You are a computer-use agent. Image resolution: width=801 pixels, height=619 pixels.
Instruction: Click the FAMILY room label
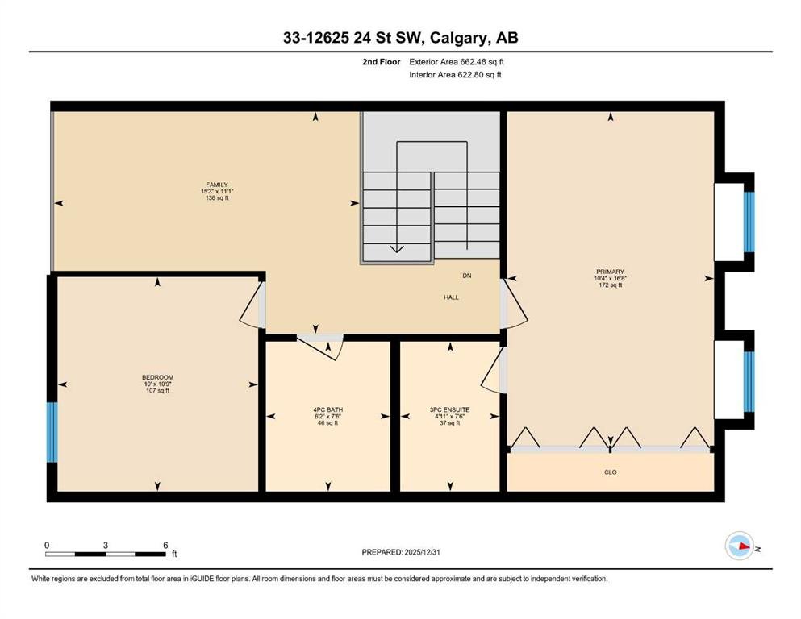(x=217, y=185)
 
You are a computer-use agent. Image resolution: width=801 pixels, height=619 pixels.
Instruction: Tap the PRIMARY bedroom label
(x=610, y=272)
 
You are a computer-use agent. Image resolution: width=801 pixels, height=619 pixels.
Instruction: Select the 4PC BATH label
(x=328, y=409)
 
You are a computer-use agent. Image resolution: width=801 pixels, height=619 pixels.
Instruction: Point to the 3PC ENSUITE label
(x=449, y=409)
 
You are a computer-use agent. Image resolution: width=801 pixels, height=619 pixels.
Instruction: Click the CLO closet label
(x=611, y=472)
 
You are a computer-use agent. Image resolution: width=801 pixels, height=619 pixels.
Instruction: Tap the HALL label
(x=451, y=297)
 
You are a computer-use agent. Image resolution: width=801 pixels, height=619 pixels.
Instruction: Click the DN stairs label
(x=467, y=276)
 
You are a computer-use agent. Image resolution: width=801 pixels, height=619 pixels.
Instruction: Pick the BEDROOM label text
(x=157, y=378)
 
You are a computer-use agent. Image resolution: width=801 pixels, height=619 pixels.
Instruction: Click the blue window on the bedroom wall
(x=52, y=432)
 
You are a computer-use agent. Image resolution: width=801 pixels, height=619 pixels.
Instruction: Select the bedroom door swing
(x=250, y=306)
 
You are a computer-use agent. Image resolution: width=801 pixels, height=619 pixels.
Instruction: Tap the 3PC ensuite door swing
(x=491, y=372)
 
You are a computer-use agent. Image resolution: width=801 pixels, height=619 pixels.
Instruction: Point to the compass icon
(x=740, y=546)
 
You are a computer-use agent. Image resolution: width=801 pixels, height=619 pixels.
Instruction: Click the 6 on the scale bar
(x=165, y=545)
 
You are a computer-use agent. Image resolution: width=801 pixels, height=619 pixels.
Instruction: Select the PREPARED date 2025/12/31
(x=422, y=552)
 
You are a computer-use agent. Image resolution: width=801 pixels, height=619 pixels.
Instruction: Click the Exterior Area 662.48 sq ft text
(x=457, y=62)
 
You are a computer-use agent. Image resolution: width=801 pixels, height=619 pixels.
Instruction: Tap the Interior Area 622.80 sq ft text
(x=455, y=74)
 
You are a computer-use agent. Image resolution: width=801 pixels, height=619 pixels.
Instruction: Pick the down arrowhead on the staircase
(x=397, y=249)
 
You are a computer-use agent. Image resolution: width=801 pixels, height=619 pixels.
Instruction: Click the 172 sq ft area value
(x=610, y=285)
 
